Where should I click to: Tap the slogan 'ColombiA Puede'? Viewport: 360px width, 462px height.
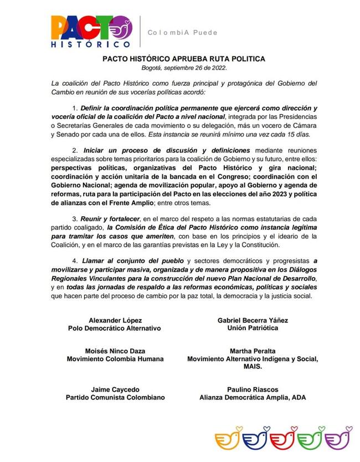coord(182,33)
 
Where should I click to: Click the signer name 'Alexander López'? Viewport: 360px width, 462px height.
coord(115,320)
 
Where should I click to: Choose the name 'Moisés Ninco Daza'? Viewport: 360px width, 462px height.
coord(115,351)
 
